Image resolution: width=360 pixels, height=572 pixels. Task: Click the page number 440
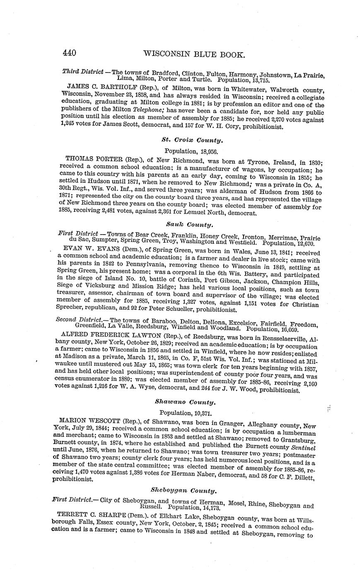pos(69,53)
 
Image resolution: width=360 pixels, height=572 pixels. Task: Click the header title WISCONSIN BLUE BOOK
pos(194,54)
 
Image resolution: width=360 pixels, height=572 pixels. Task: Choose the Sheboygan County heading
pos(184,491)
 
